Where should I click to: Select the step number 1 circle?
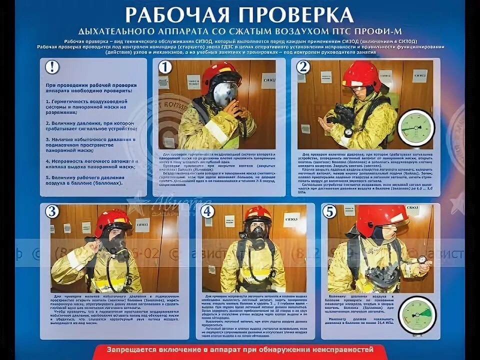(x=165, y=67)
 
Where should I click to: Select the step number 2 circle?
(x=303, y=67)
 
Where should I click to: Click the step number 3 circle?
(x=51, y=211)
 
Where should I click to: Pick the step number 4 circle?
(x=207, y=211)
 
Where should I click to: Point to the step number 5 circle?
(x=329, y=211)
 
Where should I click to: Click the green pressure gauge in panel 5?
(x=418, y=315)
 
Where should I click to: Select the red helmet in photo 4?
(x=257, y=214)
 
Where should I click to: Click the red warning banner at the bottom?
(x=240, y=350)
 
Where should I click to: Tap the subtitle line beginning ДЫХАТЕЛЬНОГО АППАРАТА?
(x=240, y=31)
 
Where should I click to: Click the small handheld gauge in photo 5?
(x=422, y=259)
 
